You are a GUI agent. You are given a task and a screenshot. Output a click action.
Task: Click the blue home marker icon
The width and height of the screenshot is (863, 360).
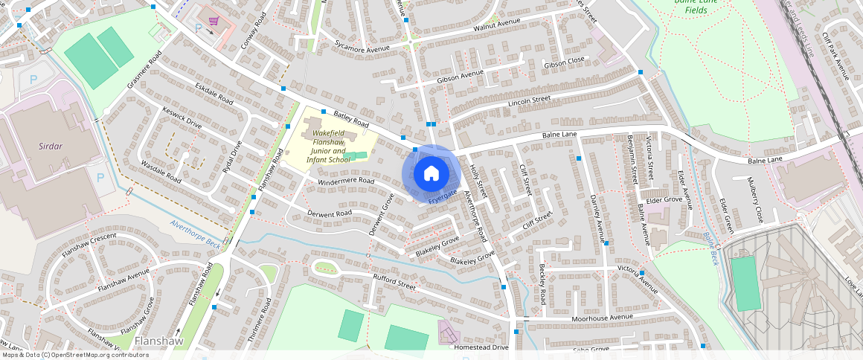(x=431, y=174)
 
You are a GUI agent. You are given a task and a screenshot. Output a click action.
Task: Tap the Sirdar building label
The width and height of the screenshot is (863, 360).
(x=50, y=147)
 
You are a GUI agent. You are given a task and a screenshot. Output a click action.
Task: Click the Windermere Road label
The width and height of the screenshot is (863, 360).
(x=345, y=181)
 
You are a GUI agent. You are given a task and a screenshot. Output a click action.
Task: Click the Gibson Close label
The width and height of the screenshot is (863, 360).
(x=565, y=62)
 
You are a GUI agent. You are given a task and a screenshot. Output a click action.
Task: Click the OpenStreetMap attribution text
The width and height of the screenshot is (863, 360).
(x=74, y=355)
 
